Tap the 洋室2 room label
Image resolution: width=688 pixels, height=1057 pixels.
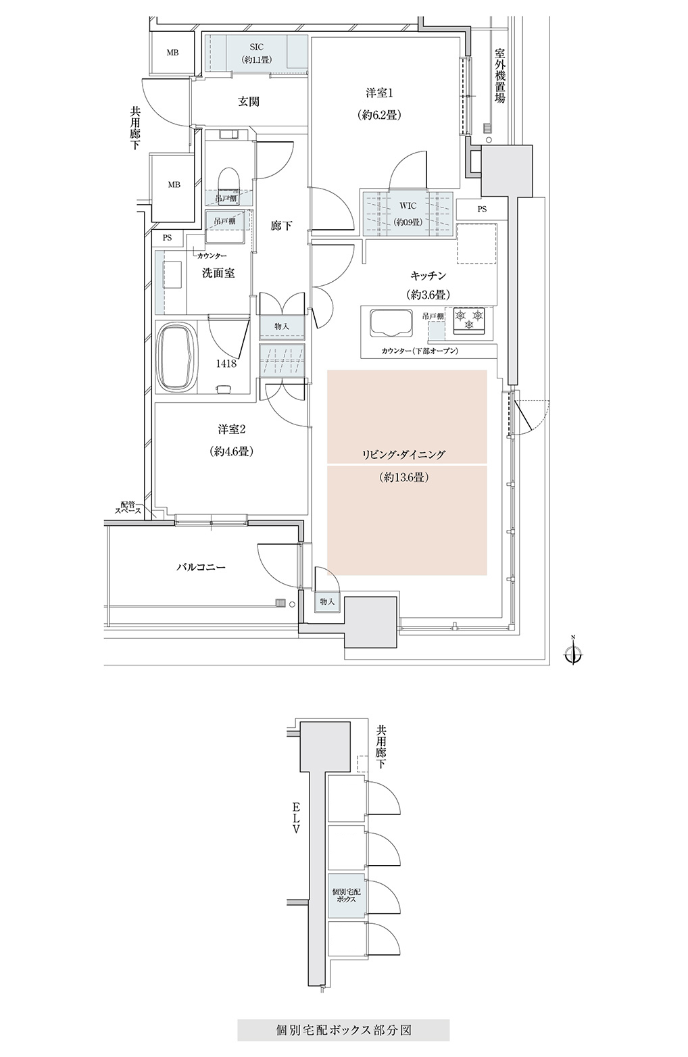pos(232,429)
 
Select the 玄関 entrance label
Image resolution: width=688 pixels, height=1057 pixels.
pos(248,101)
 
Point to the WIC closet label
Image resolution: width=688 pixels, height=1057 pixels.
pos(407,206)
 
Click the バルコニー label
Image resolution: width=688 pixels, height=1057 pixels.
pos(201,567)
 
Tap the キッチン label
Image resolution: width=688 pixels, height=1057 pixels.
pos(428,274)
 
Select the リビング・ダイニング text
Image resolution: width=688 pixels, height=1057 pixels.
pos(403,454)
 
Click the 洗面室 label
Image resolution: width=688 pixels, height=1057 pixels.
pos(218,273)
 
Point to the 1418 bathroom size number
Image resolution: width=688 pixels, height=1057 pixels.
pos(226,364)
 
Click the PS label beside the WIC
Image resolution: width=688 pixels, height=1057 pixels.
pos(482,210)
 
